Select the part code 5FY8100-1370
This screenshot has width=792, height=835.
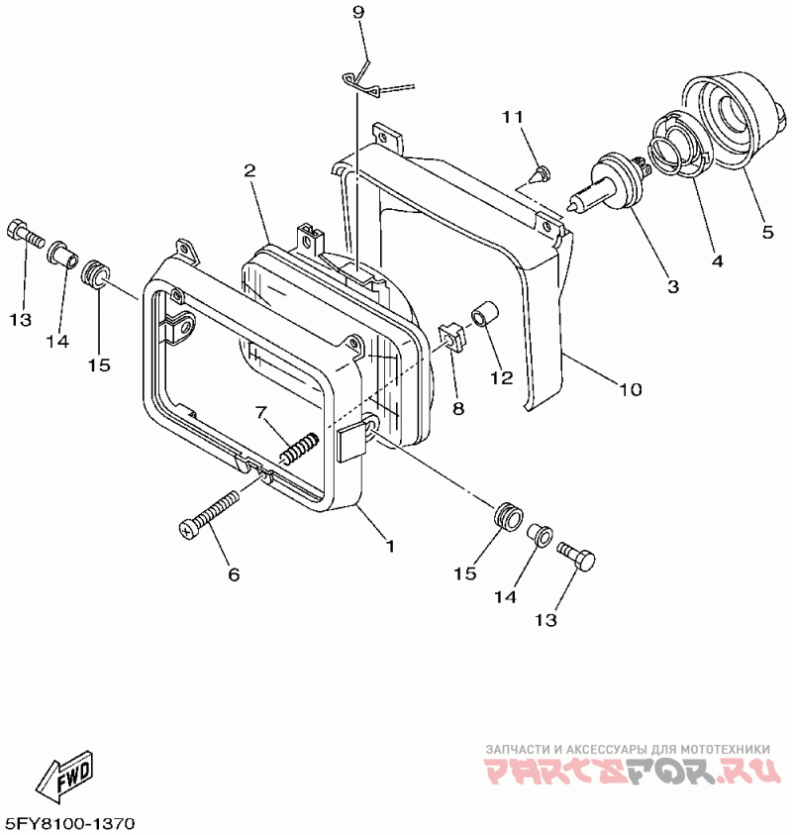69,824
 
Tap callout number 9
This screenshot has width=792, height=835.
357,12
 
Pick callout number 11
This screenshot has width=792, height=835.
511,117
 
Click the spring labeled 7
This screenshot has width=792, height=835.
298,448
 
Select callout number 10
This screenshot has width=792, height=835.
631,388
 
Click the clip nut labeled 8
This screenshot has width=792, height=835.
451,337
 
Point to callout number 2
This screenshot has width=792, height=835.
250,170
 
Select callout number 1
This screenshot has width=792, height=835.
390,546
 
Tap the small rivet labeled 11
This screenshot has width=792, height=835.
539,176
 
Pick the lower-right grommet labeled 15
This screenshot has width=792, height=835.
506,517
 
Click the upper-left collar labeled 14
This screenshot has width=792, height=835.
63,253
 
